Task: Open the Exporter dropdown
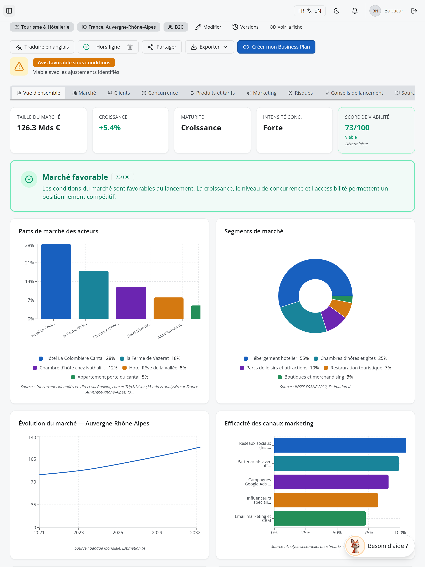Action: pyautogui.click(x=209, y=47)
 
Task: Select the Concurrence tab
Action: pyautogui.click(x=160, y=93)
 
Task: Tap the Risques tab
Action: pyautogui.click(x=300, y=93)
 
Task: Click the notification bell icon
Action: pyautogui.click(x=355, y=11)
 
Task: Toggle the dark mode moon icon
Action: pyautogui.click(x=337, y=11)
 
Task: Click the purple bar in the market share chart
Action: pyautogui.click(x=131, y=303)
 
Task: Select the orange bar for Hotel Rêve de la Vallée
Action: pyautogui.click(x=169, y=308)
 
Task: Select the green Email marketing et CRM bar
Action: pyautogui.click(x=320, y=518)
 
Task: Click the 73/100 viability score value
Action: pyautogui.click(x=357, y=128)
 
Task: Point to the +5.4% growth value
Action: pyautogui.click(x=110, y=128)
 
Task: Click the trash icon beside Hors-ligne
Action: pyautogui.click(x=130, y=47)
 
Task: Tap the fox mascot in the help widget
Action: pyautogui.click(x=355, y=546)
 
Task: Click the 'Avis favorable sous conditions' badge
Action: pyautogui.click(x=74, y=62)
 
